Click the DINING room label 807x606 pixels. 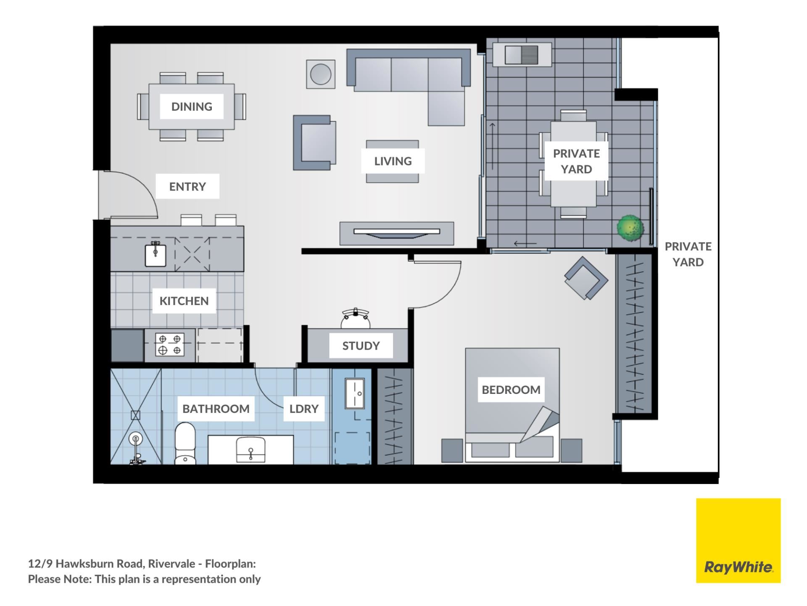coord(192,106)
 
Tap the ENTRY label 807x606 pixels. coord(187,186)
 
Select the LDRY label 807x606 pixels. coord(304,409)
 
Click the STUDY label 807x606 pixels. coord(361,346)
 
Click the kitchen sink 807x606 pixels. coord(156,255)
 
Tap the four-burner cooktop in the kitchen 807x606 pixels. coord(170,345)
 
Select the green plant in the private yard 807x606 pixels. coord(630,228)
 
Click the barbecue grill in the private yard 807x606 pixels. coord(522,55)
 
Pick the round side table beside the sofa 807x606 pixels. coord(321,74)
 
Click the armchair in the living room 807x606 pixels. coord(314,143)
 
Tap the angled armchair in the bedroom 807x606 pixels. coord(586,278)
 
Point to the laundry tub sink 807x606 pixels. coord(355,393)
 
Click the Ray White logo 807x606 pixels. coord(738,540)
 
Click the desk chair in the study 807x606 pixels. coord(356,319)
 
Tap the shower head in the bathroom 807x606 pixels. coord(136,439)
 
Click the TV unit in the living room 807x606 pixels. coord(397,233)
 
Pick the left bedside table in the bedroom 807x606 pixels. coord(452,450)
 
